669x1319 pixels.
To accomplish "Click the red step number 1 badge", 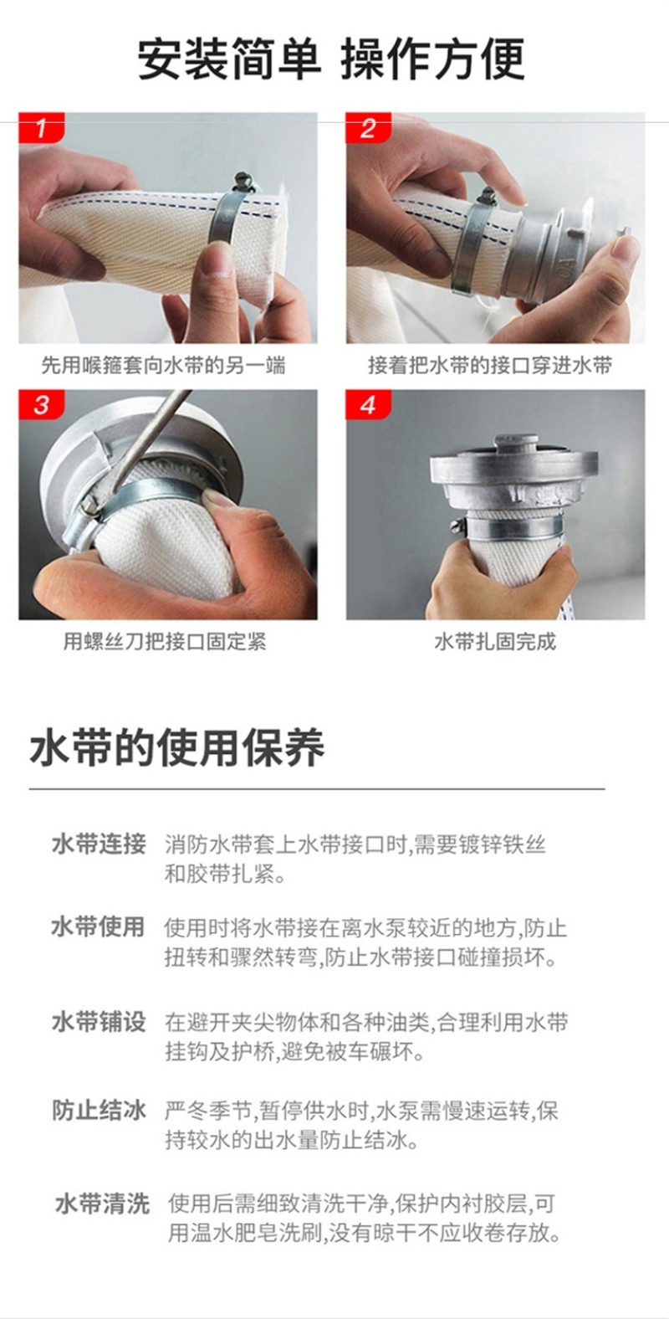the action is pyautogui.click(x=41, y=127).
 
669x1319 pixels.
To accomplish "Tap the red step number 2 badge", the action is pyautogui.click(x=368, y=127).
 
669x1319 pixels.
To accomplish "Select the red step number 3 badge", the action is pyautogui.click(x=41, y=404).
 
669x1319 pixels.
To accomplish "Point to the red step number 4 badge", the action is pyautogui.click(x=368, y=404).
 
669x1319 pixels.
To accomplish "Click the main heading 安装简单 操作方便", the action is pyautogui.click(x=331, y=59).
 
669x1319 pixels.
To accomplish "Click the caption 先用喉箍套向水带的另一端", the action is pyautogui.click(x=163, y=366).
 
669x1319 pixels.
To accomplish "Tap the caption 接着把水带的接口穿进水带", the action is pyautogui.click(x=490, y=366).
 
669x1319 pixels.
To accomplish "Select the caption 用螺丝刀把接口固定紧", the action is pyautogui.click(x=165, y=641).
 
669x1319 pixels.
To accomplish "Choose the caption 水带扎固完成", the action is pyautogui.click(x=495, y=641).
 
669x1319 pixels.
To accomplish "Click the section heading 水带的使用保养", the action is pyautogui.click(x=177, y=748).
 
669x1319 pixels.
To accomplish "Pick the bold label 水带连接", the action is pyautogui.click(x=99, y=844).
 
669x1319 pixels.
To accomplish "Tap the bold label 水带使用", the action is pyautogui.click(x=99, y=926).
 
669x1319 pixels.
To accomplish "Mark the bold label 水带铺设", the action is pyautogui.click(x=99, y=1022).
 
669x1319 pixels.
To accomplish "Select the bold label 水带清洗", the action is pyautogui.click(x=102, y=1204).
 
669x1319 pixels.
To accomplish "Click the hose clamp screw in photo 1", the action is pyautogui.click(x=243, y=178).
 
